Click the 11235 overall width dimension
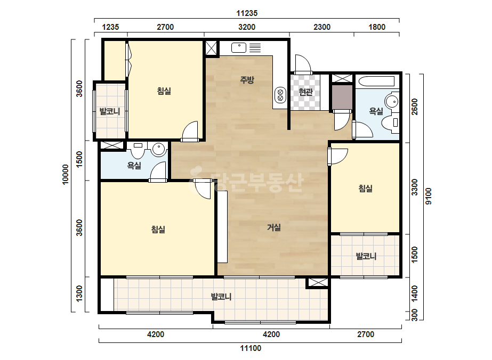[x=247, y=13]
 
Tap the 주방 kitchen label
[x=247, y=80]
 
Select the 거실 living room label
[x=273, y=227]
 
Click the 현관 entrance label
[x=305, y=92]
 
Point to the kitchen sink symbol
[x=239, y=48]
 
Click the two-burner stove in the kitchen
[x=280, y=95]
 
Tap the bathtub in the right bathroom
[x=376, y=81]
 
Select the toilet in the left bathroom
[x=138, y=150]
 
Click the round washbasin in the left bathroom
[x=159, y=149]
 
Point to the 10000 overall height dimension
[x=65, y=175]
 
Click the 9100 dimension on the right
[x=429, y=197]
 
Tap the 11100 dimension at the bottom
[x=251, y=348]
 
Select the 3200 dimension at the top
[x=247, y=27]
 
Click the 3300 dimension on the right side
[x=415, y=187]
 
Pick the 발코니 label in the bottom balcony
[x=221, y=297]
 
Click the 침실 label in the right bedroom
[x=365, y=189]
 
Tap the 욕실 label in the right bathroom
[x=376, y=111]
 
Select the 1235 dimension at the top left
[x=110, y=27]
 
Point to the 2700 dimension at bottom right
[x=366, y=334]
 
